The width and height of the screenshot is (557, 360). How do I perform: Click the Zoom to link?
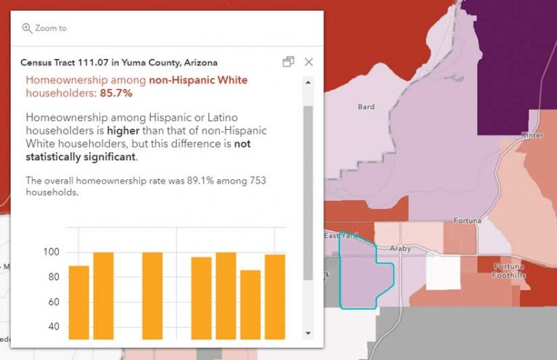pos(50,28)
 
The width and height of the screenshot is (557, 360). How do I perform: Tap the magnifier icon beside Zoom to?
pos(27,28)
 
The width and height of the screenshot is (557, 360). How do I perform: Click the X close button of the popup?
pos(309,62)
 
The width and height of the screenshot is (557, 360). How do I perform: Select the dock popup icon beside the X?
pos(288,62)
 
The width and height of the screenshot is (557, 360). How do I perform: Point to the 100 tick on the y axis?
pos(51,253)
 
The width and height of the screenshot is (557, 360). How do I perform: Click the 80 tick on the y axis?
pos(53,277)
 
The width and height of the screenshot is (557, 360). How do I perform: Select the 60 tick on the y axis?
pos(53,302)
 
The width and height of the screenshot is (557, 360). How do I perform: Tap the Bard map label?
pos(366,107)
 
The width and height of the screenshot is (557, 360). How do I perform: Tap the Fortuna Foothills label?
pos(508,271)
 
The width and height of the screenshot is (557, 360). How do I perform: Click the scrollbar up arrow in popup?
pos(308,82)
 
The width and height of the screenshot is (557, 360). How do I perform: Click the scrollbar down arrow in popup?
pos(308,332)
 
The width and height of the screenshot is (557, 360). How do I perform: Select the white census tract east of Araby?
pos(442,272)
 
